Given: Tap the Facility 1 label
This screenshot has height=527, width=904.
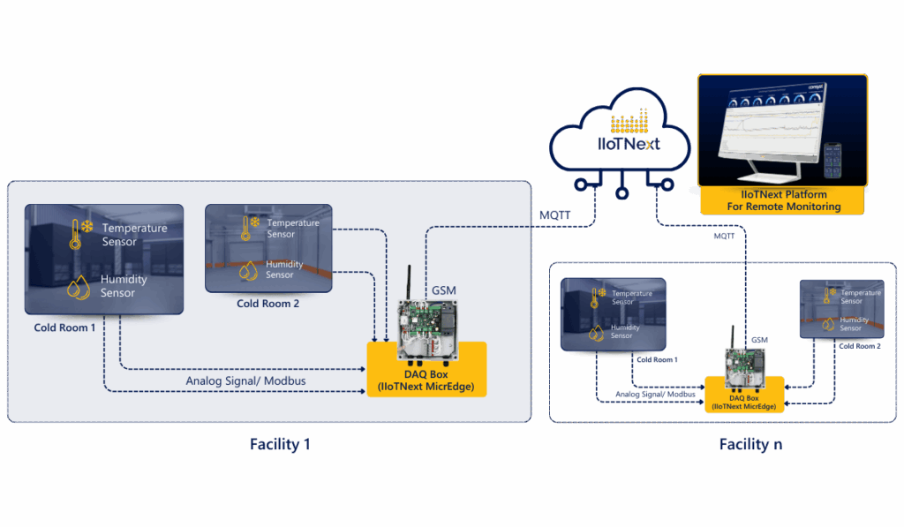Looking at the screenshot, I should point(280,444).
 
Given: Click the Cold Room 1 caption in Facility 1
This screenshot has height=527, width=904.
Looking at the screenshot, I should point(64,327).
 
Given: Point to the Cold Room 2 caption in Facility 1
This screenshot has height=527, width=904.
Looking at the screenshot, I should point(267,304).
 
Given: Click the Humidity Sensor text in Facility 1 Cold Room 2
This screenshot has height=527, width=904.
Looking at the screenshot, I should point(284,269).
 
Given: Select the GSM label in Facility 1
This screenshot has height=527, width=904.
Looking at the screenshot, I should point(444,290).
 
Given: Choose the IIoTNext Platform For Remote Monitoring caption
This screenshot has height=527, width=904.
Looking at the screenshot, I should point(783,200).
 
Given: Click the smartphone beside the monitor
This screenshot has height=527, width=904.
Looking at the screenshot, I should point(832,161).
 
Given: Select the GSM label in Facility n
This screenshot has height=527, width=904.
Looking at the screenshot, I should point(759,340).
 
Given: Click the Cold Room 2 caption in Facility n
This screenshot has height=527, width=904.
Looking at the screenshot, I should point(859,346).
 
